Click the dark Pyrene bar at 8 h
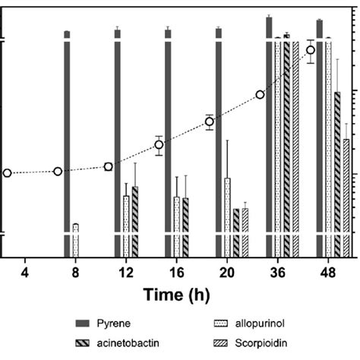coord(67,144)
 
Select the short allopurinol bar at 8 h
coord(75,241)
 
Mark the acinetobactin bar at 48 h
coord(336,175)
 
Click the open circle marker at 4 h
coord(8,173)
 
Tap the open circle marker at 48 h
coord(311,51)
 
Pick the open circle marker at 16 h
coord(159,144)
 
